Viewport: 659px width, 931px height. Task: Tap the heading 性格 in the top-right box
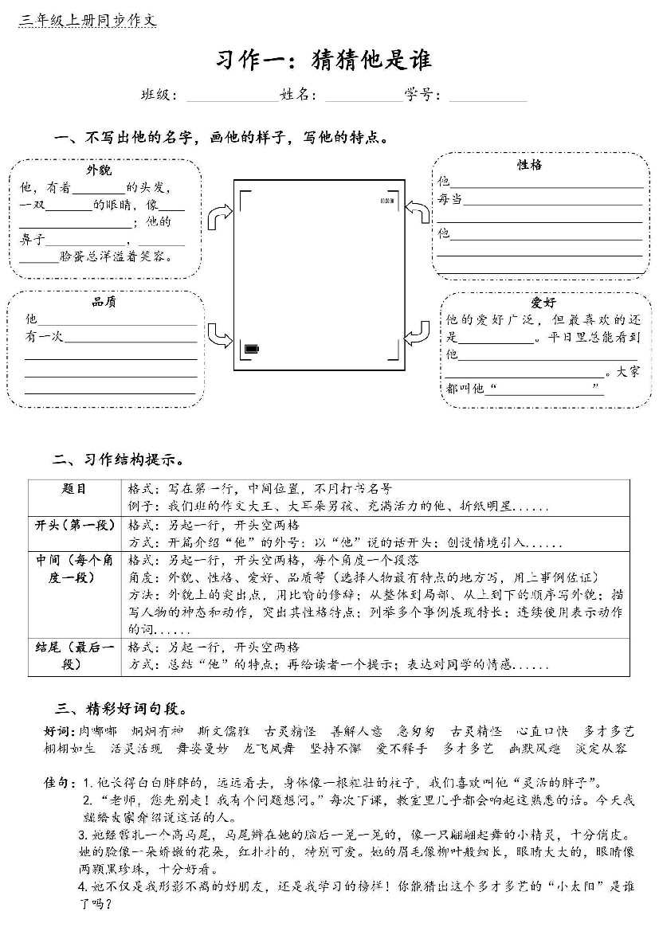530,165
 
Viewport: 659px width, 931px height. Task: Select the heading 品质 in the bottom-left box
104,302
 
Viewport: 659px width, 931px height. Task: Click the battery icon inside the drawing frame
252,349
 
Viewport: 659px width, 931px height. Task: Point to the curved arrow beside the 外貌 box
218,216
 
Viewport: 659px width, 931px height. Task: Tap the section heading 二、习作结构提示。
120,460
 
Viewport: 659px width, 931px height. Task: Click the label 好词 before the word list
58,731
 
